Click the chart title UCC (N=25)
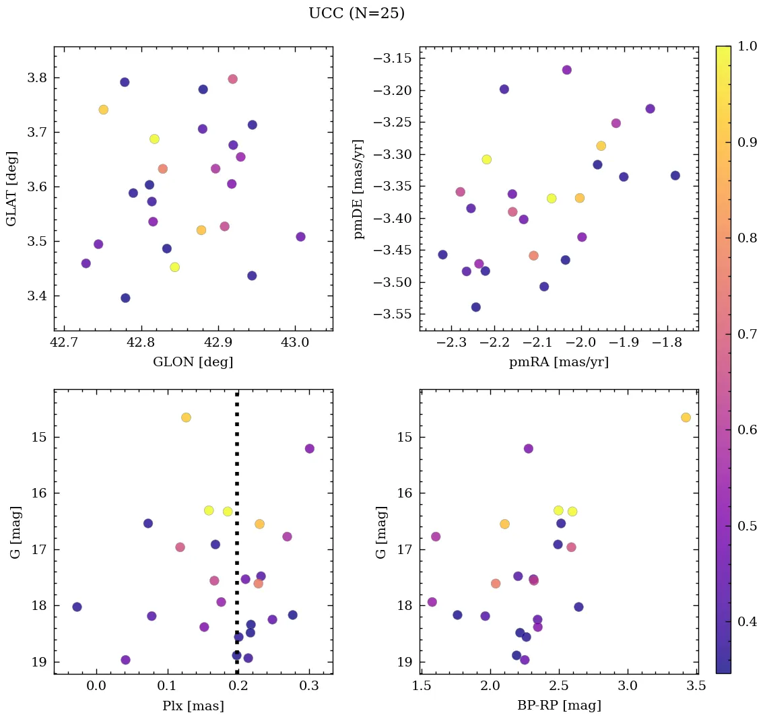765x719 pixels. [x=356, y=13]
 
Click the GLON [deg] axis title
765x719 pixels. [x=193, y=362]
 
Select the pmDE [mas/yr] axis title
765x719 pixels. [x=359, y=189]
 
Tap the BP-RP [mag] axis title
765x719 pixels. [x=558, y=705]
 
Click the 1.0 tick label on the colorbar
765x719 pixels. [x=747, y=46]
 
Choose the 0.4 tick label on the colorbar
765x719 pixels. [x=747, y=621]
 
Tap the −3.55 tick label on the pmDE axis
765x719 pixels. [x=394, y=314]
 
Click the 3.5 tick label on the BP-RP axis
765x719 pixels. [x=696, y=687]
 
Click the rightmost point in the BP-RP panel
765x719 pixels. [x=686, y=417]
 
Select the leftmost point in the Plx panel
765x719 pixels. [x=77, y=607]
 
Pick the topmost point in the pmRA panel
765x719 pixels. [x=566, y=70]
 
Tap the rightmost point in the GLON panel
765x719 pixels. [x=300, y=237]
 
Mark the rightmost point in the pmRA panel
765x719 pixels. [x=675, y=176]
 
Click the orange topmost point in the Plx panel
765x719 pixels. [x=186, y=417]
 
